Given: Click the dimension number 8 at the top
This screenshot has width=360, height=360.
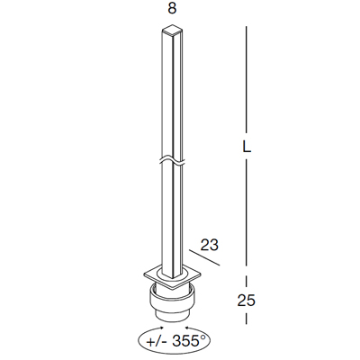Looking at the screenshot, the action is tap(172, 8).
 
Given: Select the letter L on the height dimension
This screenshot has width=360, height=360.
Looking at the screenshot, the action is tap(247, 146).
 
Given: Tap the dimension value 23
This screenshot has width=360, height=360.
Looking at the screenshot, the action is tap(209, 245).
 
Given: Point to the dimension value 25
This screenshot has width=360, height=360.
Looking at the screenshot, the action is tap(246, 301).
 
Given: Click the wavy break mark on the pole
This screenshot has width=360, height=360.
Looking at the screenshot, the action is tap(173, 160).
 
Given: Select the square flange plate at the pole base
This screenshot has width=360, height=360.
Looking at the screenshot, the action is tap(173, 276).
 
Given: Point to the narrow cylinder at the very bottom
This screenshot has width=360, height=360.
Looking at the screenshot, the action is tap(173, 316).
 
